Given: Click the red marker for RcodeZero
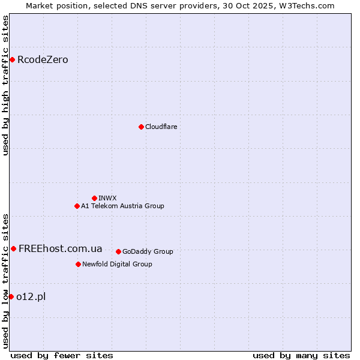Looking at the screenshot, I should [12, 59].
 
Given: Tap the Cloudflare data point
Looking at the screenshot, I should [141, 127].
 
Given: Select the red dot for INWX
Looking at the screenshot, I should [94, 198].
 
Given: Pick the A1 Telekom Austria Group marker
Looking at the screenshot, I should [77, 206].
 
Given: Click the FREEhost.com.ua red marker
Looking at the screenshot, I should [13, 248].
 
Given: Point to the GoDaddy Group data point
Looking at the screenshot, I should [118, 251].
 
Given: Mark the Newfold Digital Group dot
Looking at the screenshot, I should [78, 264].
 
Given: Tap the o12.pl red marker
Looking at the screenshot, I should [11, 296].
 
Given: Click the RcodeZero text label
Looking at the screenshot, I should [43, 59].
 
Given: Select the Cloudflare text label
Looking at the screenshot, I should [161, 127].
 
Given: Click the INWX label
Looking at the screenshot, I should [107, 198].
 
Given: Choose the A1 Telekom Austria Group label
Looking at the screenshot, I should [122, 206].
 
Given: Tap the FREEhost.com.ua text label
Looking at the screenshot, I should [60, 248].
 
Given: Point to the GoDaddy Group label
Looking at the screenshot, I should [148, 251].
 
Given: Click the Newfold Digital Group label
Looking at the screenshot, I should [117, 264].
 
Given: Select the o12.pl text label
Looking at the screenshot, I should [31, 296].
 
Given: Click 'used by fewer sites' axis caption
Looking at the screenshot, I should [62, 355].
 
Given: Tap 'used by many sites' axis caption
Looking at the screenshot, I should [301, 355].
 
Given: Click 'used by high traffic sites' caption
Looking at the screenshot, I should [5, 85].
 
